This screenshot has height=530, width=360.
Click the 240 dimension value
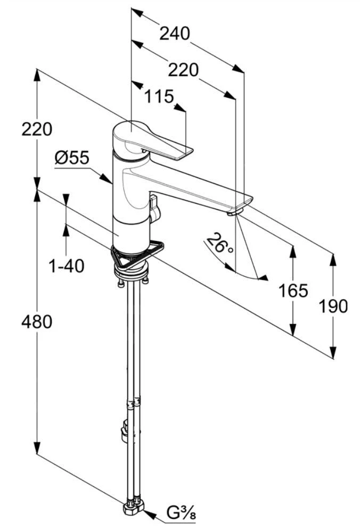[x=175, y=34]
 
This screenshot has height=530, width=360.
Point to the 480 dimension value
[x=37, y=321]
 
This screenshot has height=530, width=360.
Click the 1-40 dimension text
[x=67, y=265]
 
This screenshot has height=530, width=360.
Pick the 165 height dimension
[x=293, y=291]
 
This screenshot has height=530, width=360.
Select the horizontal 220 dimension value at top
[x=183, y=70]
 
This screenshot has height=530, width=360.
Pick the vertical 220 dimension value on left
[x=37, y=129]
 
